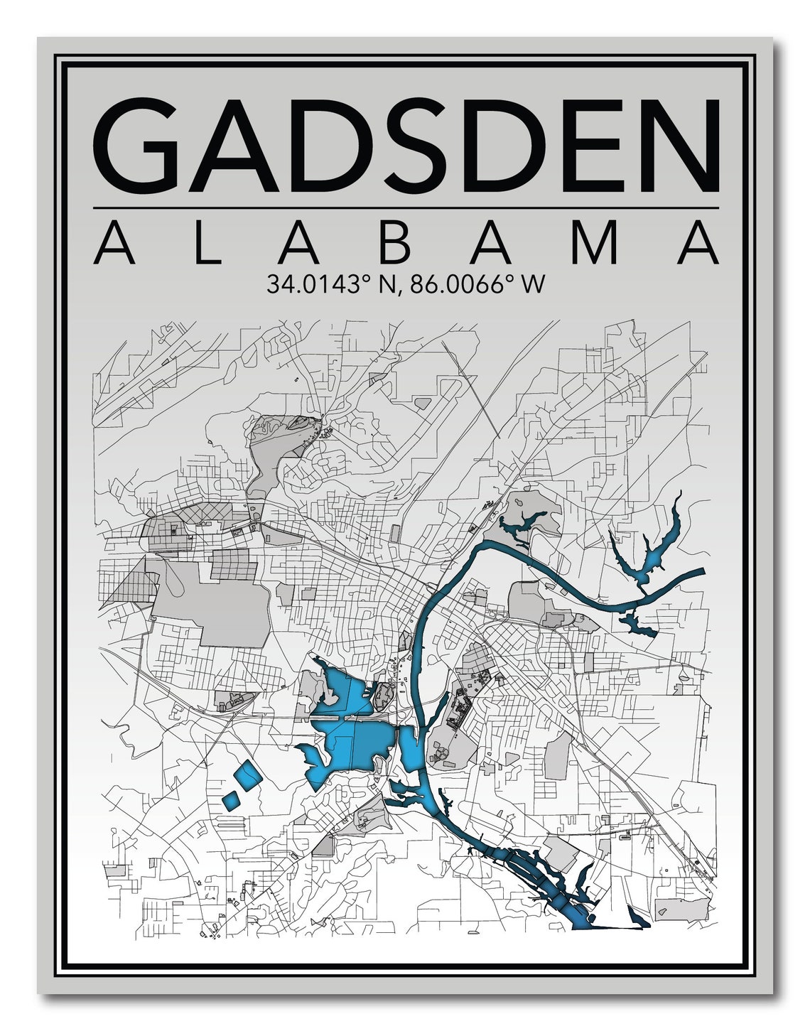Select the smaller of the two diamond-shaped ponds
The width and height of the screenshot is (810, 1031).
click(x=231, y=800)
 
